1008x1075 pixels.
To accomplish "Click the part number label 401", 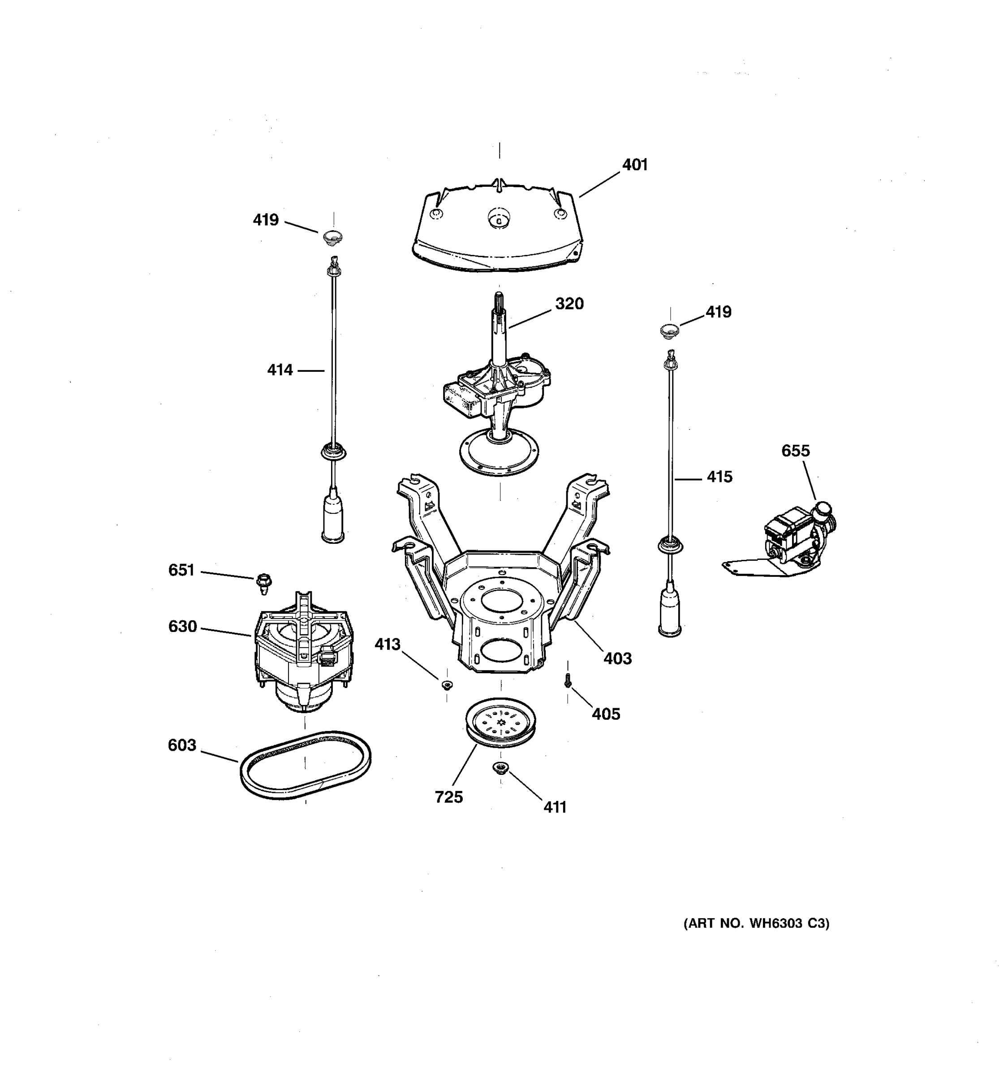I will (x=634, y=165).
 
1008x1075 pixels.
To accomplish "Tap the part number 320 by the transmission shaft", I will (x=569, y=304).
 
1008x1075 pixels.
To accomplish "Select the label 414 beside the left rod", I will (x=280, y=370).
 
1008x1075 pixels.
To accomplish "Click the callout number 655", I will (x=796, y=451).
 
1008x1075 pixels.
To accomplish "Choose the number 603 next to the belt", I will (x=182, y=745).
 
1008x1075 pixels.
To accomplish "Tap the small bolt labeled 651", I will (x=264, y=583).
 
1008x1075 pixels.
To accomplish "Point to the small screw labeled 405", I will (x=567, y=681).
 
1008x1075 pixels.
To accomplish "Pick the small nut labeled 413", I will (x=447, y=685).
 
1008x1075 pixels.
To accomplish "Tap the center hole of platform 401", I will (x=499, y=219).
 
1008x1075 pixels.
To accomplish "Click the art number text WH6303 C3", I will (x=757, y=924).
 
